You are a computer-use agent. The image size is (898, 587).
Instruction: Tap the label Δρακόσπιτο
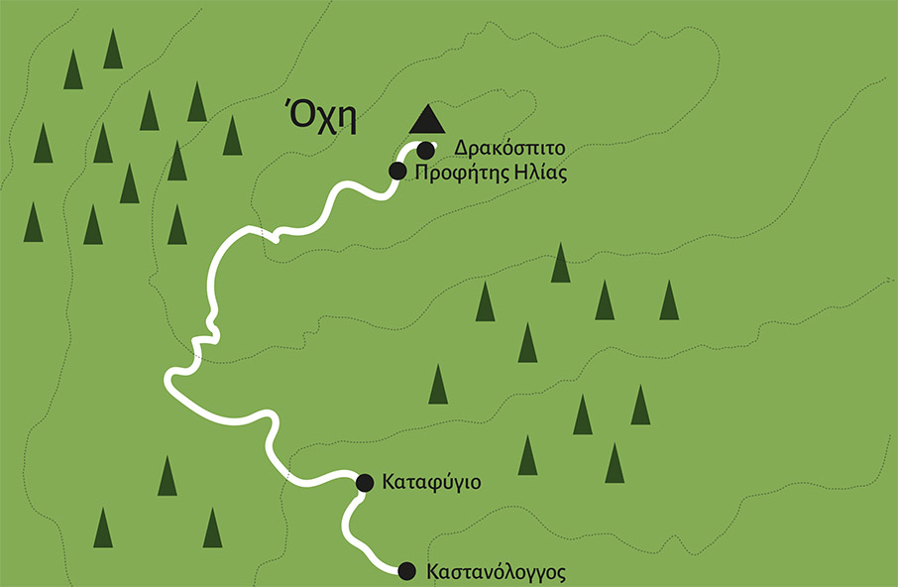coord(509,149)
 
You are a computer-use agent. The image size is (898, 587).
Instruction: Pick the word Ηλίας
coord(541,172)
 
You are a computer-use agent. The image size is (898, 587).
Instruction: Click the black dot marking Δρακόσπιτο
coord(425,151)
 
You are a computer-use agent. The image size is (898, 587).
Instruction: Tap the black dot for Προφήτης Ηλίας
coord(396,172)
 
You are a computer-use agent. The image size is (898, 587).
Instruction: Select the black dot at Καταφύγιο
coord(364,483)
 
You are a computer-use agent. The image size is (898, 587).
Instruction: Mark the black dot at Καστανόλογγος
coord(406,571)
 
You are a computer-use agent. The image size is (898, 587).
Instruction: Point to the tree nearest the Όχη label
coord(232,136)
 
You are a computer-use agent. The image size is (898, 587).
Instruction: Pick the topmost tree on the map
coord(113,50)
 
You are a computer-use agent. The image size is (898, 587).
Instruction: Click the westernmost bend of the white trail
coord(168,379)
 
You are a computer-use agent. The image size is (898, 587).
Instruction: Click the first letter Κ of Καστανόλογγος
coord(431,572)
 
